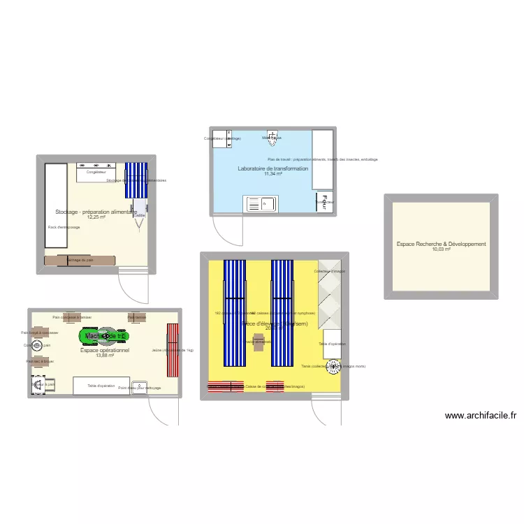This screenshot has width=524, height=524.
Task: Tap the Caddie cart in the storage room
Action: [x=140, y=208]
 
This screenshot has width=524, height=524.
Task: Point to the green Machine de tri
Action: [x=104, y=337]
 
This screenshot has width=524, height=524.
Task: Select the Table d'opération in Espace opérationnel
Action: [x=101, y=386]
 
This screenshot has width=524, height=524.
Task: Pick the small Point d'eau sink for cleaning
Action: [x=140, y=387]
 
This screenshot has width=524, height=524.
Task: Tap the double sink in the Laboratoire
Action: [x=261, y=203]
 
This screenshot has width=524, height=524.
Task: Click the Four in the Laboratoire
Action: [x=323, y=203]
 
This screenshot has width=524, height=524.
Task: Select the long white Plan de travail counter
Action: [x=322, y=159]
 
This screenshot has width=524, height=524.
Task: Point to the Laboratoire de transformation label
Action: [x=272, y=169]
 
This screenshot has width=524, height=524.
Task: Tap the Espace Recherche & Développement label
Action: [x=441, y=244]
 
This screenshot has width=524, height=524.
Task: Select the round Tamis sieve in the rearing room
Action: [x=333, y=365]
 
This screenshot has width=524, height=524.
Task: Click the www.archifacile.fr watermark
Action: [x=481, y=416]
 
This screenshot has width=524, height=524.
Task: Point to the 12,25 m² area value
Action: [x=96, y=217]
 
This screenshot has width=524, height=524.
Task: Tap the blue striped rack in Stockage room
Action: [x=136, y=181]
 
